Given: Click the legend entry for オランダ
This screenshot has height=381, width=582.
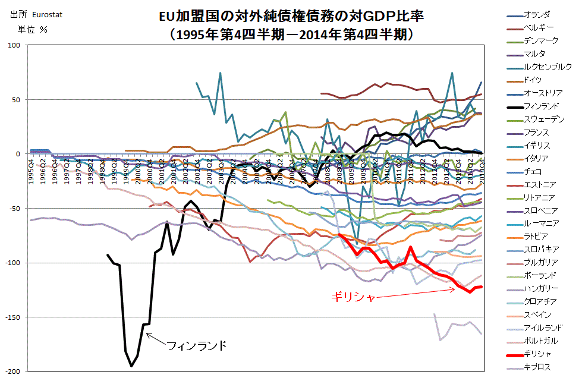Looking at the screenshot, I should point(537,14).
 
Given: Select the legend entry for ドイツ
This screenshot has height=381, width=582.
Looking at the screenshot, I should point(533,80).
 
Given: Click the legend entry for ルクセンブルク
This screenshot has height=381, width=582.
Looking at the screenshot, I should point(548,67).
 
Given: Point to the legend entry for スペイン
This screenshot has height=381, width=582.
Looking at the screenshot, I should point(537,314).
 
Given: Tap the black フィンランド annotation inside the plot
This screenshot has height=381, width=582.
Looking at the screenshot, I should point(196,345).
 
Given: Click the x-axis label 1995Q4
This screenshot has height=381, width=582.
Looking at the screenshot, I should point(33,168).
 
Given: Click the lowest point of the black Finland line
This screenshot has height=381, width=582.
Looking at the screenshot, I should point(131,366).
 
